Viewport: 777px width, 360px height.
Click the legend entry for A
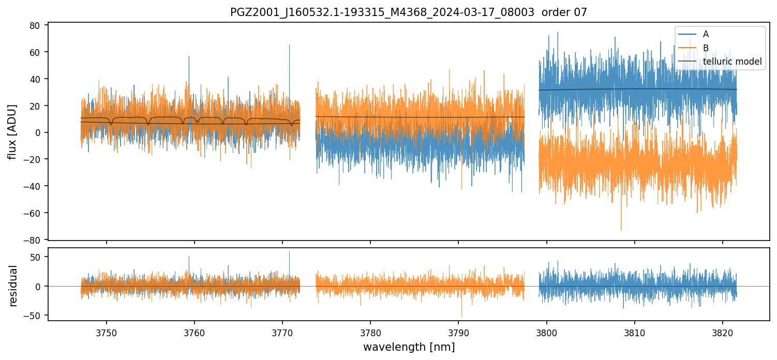[x=706, y=34]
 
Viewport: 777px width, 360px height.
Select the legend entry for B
[x=706, y=48]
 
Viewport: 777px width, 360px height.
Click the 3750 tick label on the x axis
[x=107, y=332]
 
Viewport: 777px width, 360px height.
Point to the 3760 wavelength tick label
[x=195, y=332]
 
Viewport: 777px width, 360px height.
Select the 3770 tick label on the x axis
[x=282, y=332]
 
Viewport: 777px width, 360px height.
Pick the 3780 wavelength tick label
[x=370, y=332]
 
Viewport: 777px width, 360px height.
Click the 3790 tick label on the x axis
[x=458, y=332]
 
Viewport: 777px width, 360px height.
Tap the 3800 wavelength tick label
[x=547, y=332]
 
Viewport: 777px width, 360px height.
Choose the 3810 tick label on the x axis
[x=635, y=332]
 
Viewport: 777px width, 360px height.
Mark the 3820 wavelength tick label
[x=723, y=332]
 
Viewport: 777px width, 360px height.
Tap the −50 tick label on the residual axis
[x=35, y=316]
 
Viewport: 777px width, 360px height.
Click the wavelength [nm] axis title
[x=409, y=347]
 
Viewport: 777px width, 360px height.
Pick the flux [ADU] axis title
[x=12, y=131]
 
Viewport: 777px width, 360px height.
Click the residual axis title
[x=13, y=286]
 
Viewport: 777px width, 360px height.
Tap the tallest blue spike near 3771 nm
[x=289, y=46]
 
